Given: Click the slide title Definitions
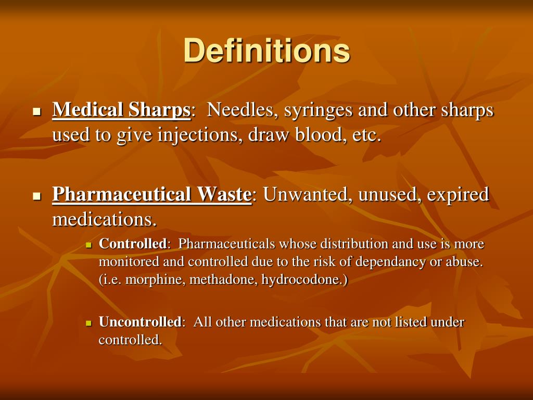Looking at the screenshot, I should tap(266, 51).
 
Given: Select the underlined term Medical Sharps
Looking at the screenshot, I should tap(121, 110).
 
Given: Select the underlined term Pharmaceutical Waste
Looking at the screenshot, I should tap(151, 194).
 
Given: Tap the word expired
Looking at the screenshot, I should tap(458, 195).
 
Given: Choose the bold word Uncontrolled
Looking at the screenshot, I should tap(139, 322).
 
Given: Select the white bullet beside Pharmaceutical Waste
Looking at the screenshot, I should tap(36, 196).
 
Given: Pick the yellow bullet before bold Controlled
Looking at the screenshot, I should tap(88, 245).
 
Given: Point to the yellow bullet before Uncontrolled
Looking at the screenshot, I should tap(88, 323).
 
